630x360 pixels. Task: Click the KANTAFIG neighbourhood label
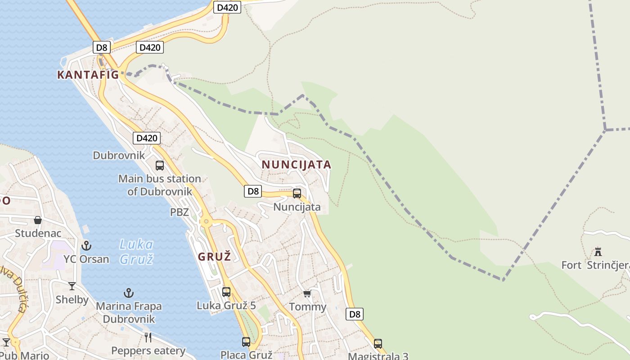tap(88, 75)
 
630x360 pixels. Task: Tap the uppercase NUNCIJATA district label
tap(297, 165)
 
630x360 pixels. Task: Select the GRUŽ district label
tap(215, 257)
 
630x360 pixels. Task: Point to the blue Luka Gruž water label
tap(136, 252)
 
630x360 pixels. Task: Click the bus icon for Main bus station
tap(160, 166)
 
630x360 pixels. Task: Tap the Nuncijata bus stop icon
tap(297, 193)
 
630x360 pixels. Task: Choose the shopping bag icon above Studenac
tap(38, 220)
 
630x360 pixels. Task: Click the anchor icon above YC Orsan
tap(86, 246)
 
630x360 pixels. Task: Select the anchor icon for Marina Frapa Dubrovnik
tap(129, 293)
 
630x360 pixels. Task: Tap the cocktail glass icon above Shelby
tap(72, 286)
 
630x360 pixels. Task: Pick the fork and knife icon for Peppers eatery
tap(148, 337)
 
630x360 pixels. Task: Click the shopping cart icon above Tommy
tap(307, 294)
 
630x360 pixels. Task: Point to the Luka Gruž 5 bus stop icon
tap(226, 292)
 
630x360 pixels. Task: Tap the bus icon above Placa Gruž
tap(246, 342)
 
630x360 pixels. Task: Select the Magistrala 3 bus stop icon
tap(378, 344)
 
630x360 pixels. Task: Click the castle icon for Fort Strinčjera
tap(598, 252)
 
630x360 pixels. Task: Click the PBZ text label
tap(179, 212)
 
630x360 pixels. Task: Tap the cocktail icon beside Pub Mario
tap(6, 342)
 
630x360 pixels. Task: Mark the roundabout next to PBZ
tap(207, 221)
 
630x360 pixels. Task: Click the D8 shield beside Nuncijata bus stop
tap(253, 191)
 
